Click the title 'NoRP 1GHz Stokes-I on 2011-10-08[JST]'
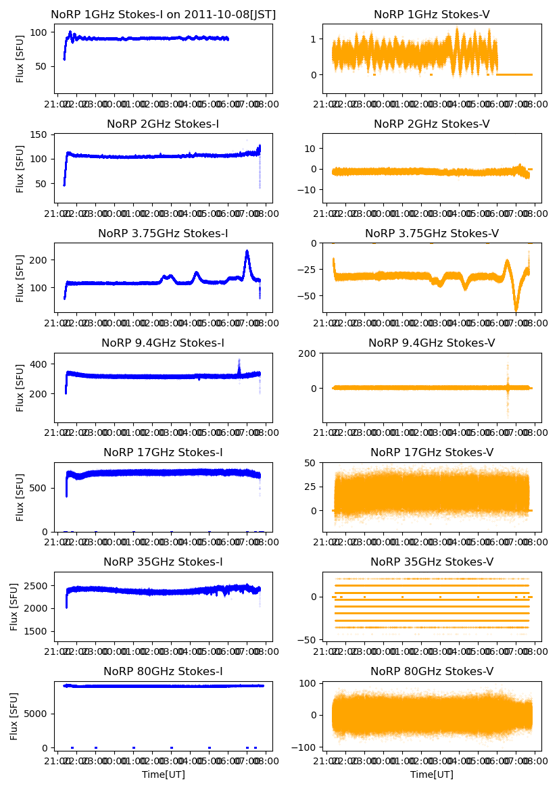point(163,14)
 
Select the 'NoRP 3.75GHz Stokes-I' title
point(163,233)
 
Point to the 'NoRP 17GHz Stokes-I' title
point(163,452)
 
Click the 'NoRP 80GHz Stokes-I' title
point(163,671)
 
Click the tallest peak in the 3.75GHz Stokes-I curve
point(247,251)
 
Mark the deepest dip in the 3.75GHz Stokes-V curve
point(516,310)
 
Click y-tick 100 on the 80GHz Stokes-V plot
point(310,684)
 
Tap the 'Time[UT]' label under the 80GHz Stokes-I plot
point(163,774)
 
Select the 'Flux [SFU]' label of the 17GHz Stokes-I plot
point(20,497)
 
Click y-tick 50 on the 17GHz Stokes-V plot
point(313,463)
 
